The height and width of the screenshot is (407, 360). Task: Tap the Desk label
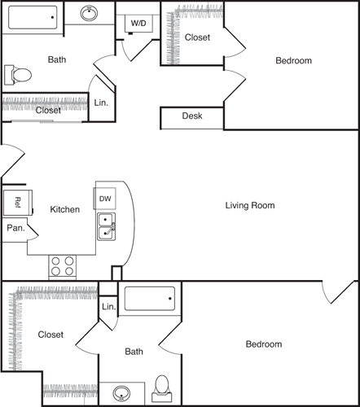pos(192,116)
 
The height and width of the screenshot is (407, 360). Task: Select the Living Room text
pos(250,206)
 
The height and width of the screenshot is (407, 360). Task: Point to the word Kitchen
pos(65,210)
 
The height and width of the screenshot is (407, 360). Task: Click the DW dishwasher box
pos(106,198)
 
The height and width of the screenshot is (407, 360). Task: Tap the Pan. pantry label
pos(16,229)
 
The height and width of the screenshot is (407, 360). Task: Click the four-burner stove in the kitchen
pos(63,266)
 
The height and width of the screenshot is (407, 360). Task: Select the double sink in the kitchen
pos(107,227)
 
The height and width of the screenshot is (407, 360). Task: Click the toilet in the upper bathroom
pos(18,76)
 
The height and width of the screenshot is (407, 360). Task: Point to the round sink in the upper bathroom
pos(90,13)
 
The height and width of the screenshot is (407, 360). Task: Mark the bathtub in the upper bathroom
pos(33,15)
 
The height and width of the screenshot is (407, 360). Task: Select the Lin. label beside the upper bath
pos(101,103)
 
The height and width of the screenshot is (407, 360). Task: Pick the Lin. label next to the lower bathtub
pos(108,308)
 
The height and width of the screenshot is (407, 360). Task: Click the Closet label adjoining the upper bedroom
pos(197,37)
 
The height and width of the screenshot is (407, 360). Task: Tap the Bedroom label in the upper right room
pos(293,60)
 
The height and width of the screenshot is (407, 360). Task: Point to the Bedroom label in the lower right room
pos(264,344)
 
